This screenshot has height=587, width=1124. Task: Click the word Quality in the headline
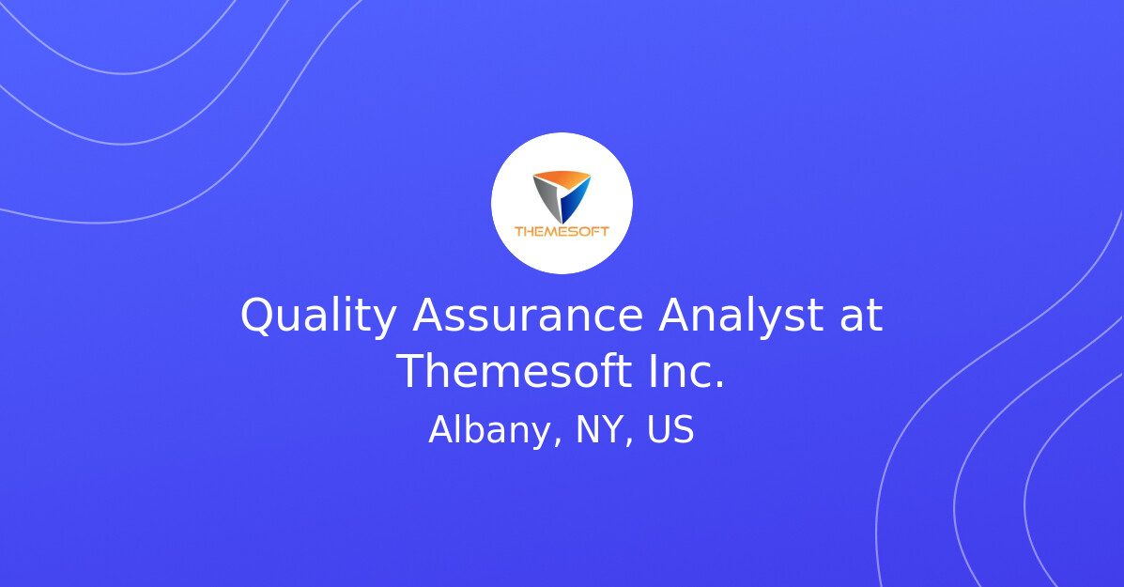(318, 317)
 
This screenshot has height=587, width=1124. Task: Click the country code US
(670, 431)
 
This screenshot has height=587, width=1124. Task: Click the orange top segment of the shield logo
(561, 178)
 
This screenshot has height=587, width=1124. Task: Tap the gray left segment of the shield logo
(547, 196)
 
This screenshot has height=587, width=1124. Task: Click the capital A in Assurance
(428, 317)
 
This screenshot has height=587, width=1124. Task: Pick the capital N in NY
(588, 431)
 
